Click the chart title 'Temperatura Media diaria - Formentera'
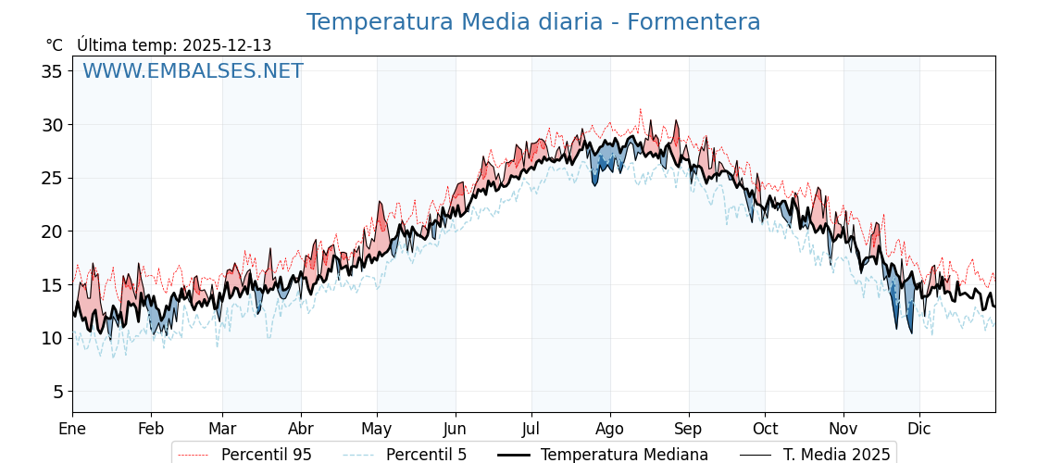(533, 22)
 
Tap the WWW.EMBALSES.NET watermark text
(193, 71)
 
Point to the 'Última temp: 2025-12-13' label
(174, 45)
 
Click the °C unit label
(54, 45)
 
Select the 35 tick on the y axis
(52, 71)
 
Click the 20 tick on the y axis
(52, 231)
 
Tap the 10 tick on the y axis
(52, 338)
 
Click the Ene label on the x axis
(72, 430)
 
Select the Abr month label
(301, 430)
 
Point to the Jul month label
(531, 430)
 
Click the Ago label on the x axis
(610, 430)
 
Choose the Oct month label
(765, 430)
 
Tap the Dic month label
(919, 430)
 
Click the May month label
(377, 430)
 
